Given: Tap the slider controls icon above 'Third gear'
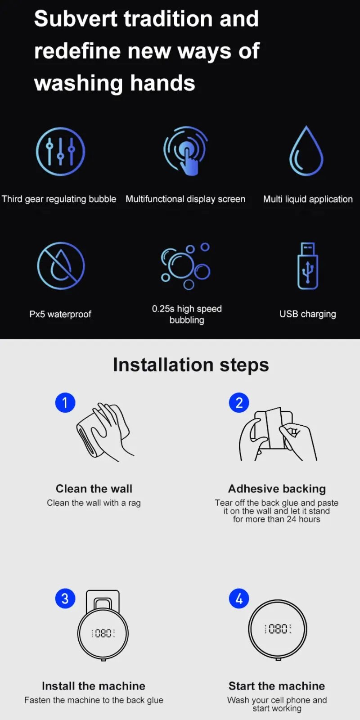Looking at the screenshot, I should point(60,151).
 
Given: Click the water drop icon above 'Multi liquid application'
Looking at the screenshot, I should point(306,151).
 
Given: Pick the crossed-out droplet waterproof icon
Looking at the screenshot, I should point(61,265).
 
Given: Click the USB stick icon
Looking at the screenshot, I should point(308,266).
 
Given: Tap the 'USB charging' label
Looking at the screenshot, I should point(307,314).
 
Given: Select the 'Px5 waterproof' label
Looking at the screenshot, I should point(60,314).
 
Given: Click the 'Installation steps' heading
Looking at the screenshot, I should point(191,364).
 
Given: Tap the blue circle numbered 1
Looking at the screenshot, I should point(65,402).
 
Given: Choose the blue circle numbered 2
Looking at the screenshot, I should point(239,402).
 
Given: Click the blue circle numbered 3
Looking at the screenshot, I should point(65,598).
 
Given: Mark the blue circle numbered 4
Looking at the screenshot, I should point(239,598).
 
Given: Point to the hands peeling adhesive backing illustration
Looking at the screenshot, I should point(277,434).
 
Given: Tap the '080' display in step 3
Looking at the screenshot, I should point(103,633).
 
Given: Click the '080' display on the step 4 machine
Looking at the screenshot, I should point(278,629).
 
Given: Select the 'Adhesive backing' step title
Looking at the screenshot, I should point(277,489).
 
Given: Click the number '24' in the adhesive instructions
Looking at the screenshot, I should point(292,519).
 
